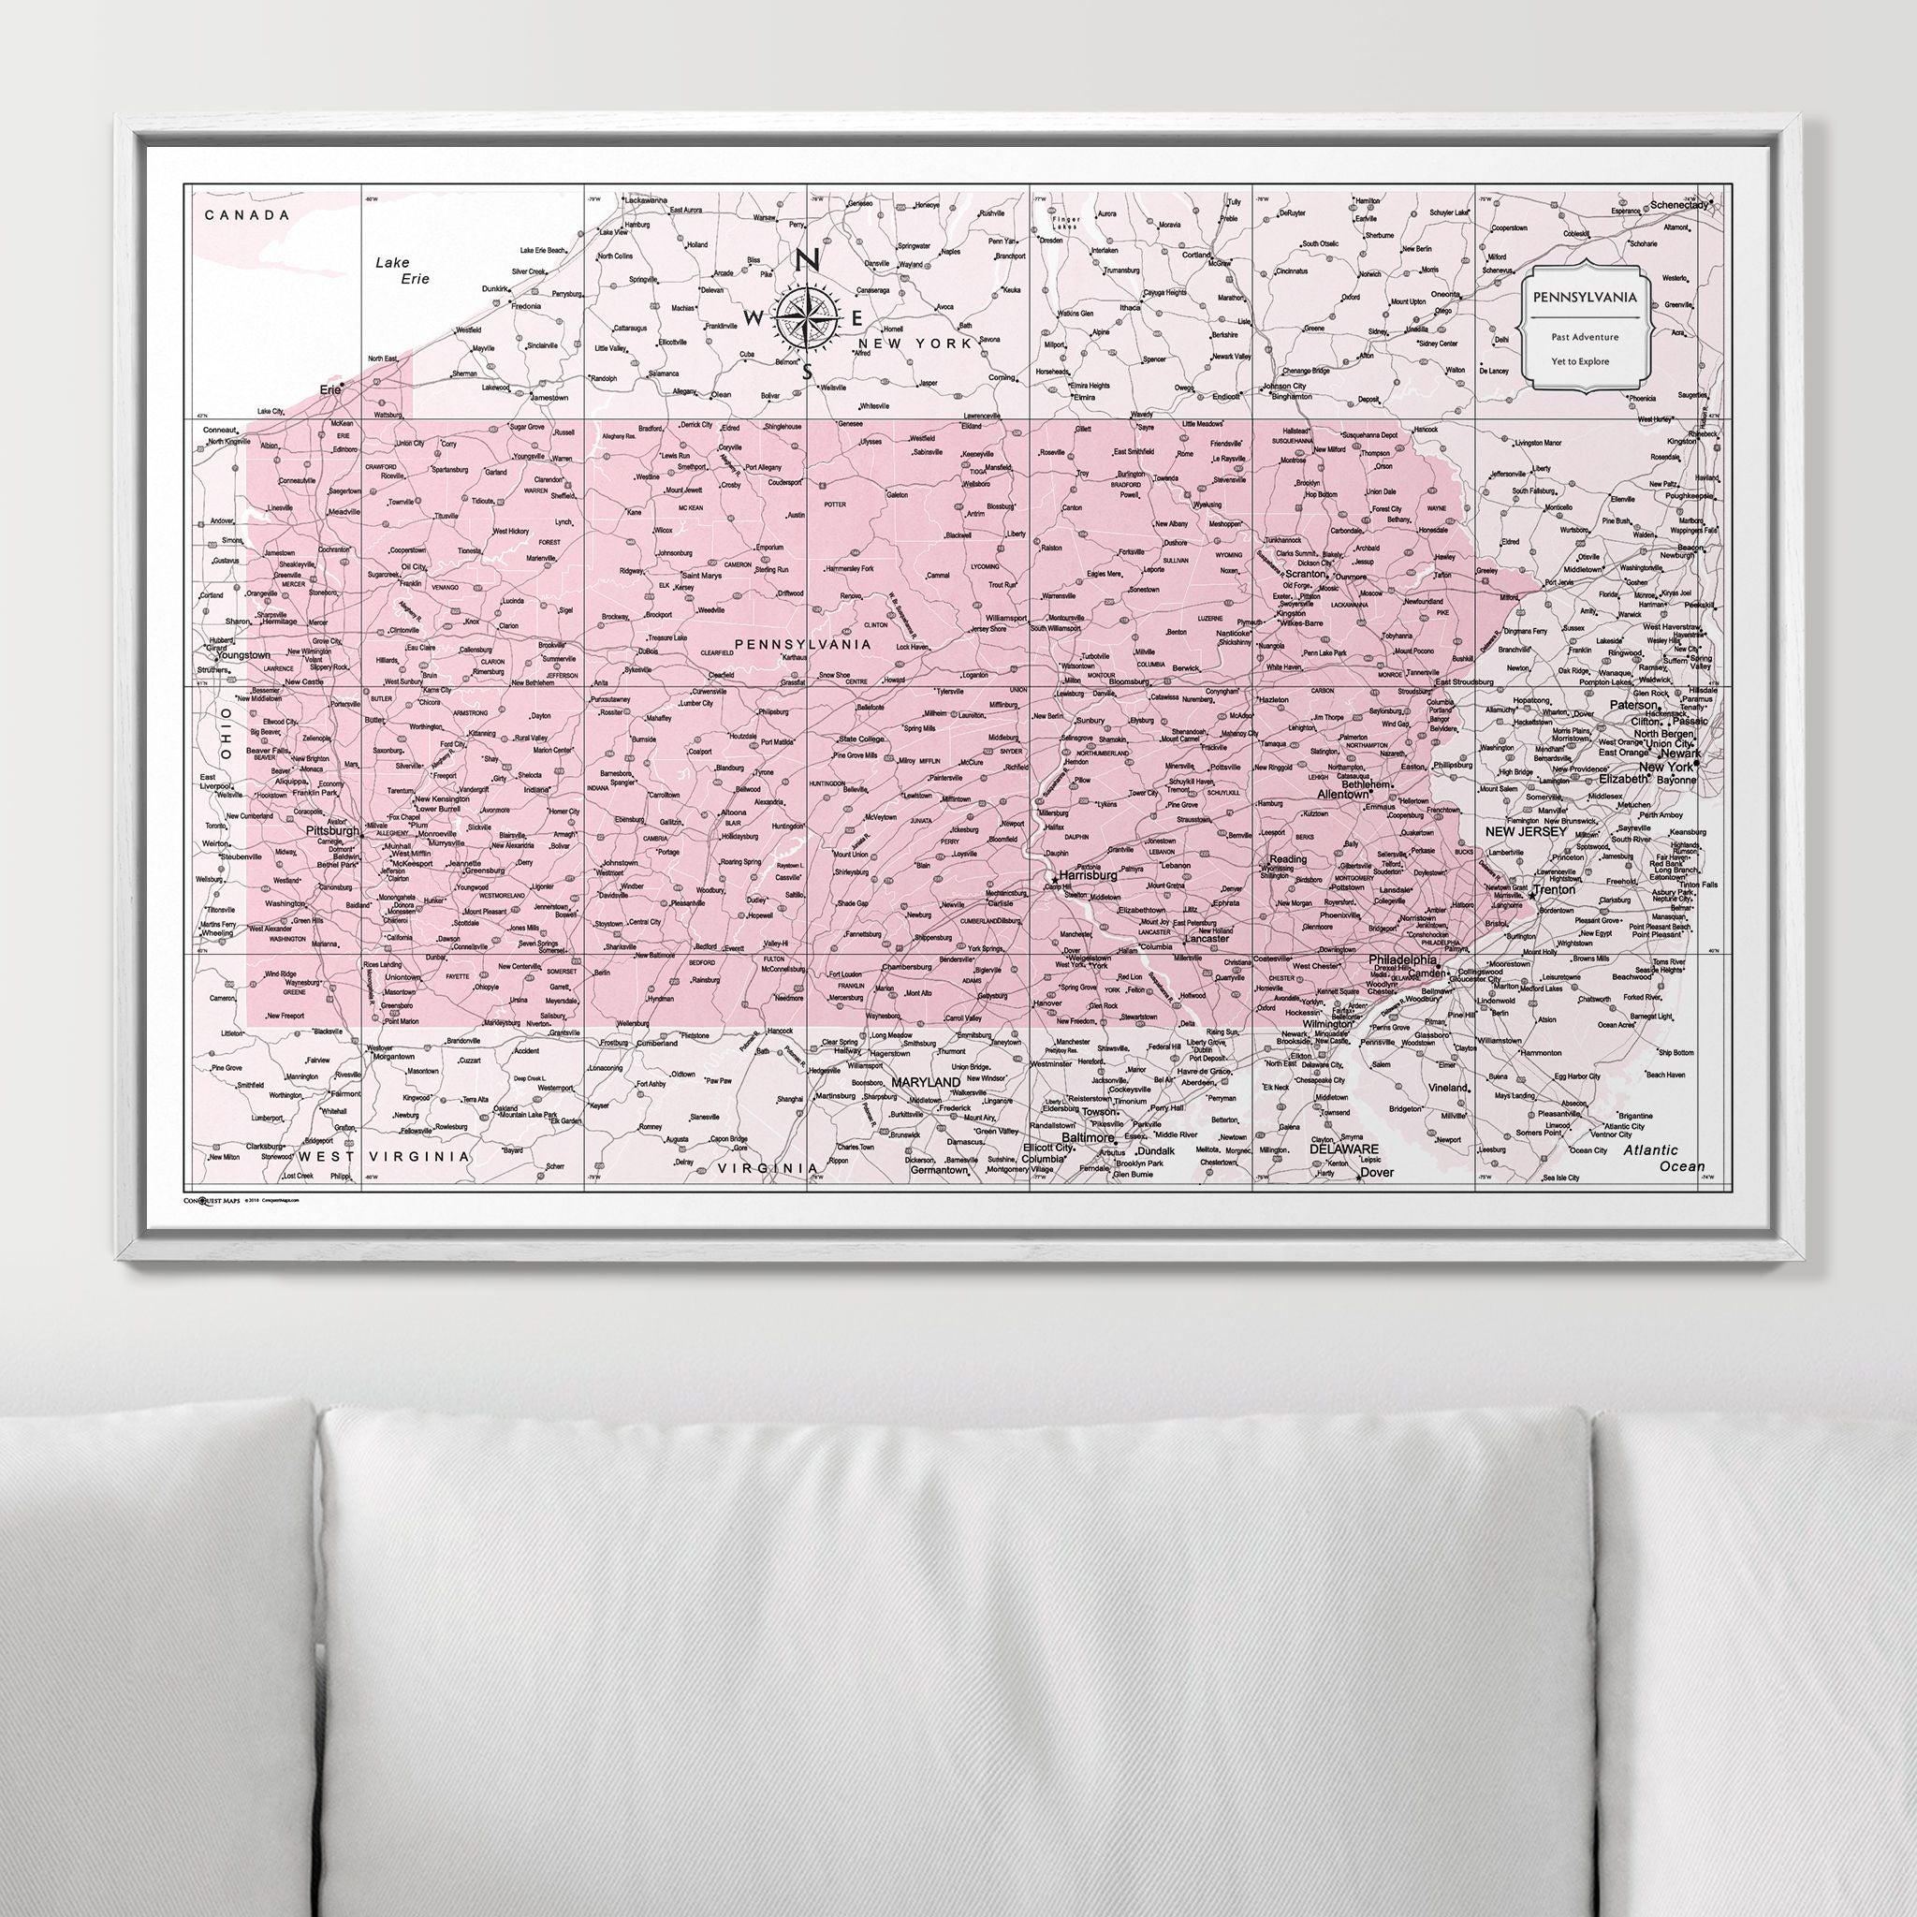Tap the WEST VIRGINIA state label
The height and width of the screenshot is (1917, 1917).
click(385, 1157)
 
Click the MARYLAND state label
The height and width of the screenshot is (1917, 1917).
click(926, 1080)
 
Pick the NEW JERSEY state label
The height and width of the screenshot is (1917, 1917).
click(1525, 831)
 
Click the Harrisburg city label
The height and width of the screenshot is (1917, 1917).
click(1088, 876)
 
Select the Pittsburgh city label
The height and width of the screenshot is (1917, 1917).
click(332, 831)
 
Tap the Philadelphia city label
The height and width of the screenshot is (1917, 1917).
click(1403, 960)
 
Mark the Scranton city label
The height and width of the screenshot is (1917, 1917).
click(1305, 574)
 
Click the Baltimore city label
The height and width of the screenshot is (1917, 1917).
click(1088, 1138)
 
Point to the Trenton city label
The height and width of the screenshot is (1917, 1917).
click(1554, 890)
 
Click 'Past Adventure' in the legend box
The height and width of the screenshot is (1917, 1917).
click(1585, 337)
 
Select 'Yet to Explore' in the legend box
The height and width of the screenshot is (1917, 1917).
click(1585, 361)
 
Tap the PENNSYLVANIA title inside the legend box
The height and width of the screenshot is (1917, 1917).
click(1584, 297)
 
